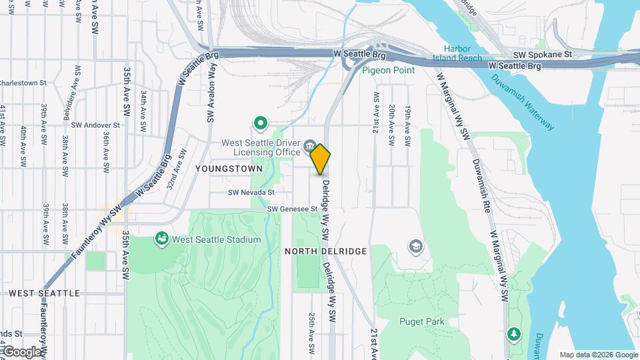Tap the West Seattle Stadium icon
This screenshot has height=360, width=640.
pyautogui.click(x=161, y=238)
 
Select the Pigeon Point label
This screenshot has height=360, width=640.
pyautogui.click(x=388, y=70)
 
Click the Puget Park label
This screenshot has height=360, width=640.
pyautogui.click(x=421, y=321)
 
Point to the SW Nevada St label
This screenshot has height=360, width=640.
pyautogui.click(x=251, y=192)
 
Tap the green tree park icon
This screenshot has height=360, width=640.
pyautogui.click(x=513, y=333)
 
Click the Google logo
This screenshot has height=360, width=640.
pyautogui.click(x=21, y=351)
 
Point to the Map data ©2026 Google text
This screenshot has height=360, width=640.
pyautogui.click(x=598, y=355)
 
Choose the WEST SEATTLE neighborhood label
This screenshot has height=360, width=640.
pyautogui.click(x=53, y=293)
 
